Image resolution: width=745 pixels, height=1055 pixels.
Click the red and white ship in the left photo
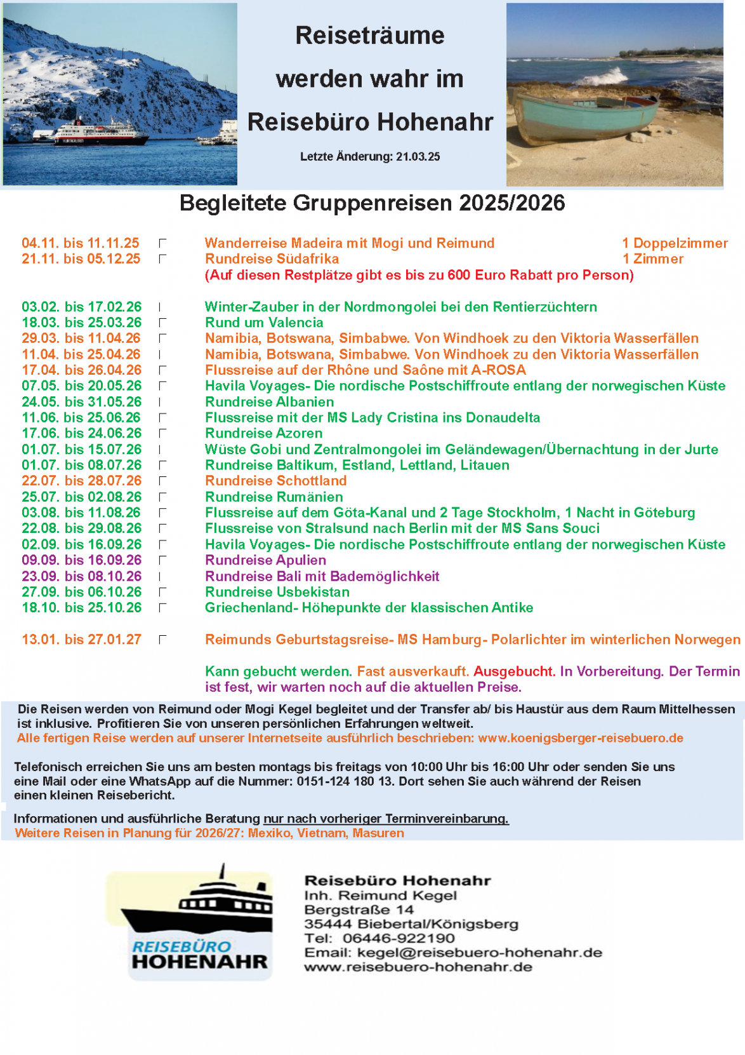pos(102,133)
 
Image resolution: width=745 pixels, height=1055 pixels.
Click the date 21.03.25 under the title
pos(418,157)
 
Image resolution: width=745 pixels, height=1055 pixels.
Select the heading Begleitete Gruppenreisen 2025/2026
pos(372,203)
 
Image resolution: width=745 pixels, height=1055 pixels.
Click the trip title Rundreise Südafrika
pos(272,259)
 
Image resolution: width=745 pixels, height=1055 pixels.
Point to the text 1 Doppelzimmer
pos(675,243)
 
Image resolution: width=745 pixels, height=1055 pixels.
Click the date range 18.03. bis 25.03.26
pos(81,323)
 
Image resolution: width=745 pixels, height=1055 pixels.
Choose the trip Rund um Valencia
pos(264,323)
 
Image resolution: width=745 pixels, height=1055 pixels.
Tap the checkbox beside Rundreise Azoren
pos(162,433)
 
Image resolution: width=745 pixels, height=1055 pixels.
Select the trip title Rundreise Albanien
pos(269,402)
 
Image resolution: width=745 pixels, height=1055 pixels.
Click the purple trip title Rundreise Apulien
pos(265,560)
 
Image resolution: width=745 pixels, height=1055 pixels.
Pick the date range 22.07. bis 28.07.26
pos(81,481)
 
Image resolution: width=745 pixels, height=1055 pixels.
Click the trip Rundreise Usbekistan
pos(277,592)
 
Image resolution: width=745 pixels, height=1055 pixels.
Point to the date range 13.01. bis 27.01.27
pos(81,640)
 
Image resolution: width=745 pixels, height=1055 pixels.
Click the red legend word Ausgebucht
pos(514,671)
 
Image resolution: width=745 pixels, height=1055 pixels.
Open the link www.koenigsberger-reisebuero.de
pos(580,738)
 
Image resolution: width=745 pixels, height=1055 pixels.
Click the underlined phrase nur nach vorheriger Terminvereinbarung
pos(386,819)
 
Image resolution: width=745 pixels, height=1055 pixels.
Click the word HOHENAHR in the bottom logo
pos(200,962)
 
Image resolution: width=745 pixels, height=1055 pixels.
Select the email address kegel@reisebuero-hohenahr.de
pos(479,953)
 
